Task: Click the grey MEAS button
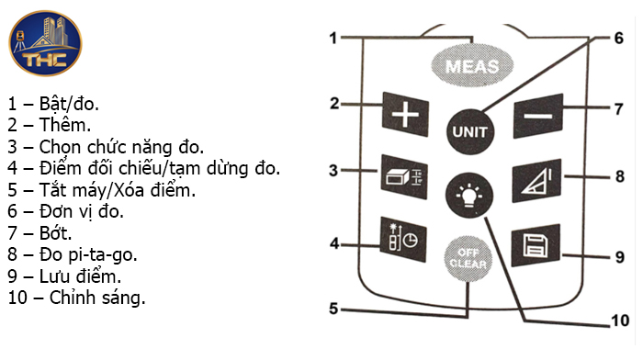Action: point(471,65)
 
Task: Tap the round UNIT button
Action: point(468,130)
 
